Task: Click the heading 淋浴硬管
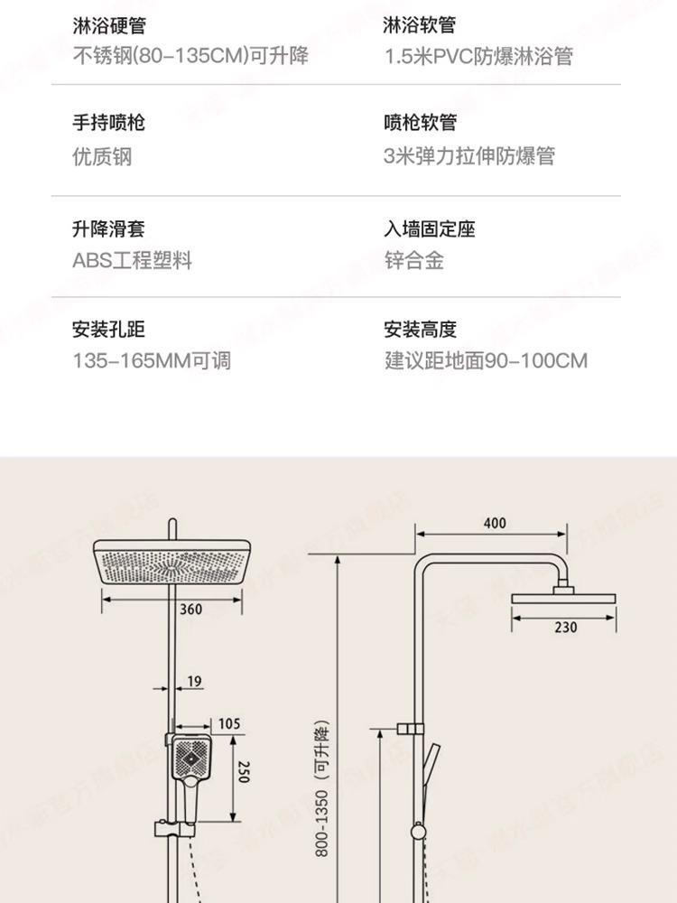[108, 26]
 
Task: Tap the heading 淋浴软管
[420, 26]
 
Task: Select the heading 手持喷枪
[108, 123]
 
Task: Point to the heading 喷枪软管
[420, 123]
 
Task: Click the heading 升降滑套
[108, 228]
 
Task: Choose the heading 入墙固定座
[430, 228]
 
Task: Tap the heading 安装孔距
[108, 330]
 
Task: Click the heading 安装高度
[420, 330]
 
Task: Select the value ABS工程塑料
[133, 261]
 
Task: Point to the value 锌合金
[414, 261]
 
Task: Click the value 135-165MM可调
[152, 361]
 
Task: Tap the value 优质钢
[102, 156]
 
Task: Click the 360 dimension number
[190, 610]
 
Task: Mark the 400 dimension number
[495, 523]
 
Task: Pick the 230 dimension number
[565, 628]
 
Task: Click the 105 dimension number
[229, 723]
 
